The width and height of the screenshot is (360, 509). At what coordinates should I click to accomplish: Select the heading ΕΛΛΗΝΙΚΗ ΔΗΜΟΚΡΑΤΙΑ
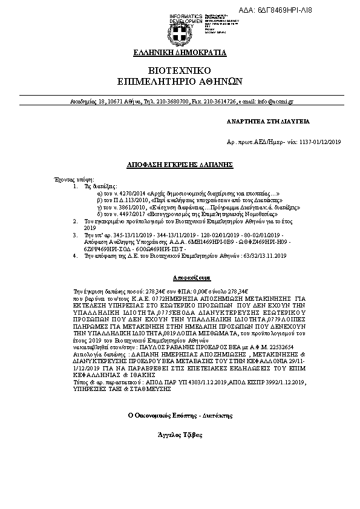(180, 53)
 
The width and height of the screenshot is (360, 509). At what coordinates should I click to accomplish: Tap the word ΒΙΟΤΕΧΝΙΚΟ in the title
(180, 70)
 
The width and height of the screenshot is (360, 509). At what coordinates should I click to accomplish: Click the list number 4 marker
(74, 255)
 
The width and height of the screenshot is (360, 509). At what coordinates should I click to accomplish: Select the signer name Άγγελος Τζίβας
(180, 435)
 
